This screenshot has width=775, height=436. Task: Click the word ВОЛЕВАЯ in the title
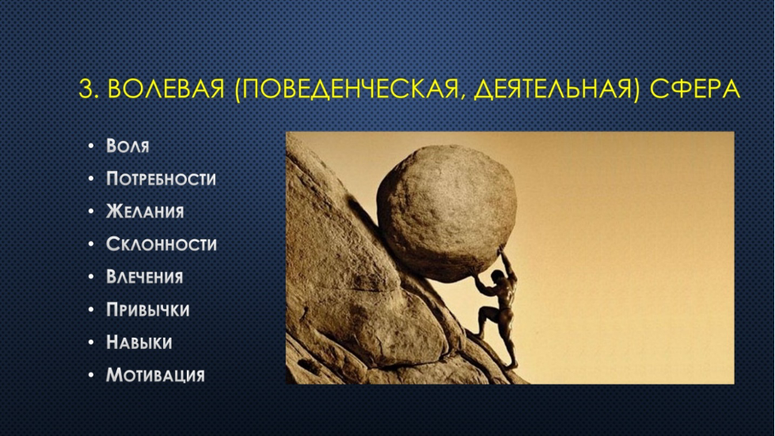tap(166, 90)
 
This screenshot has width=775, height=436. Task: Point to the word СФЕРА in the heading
tap(695, 90)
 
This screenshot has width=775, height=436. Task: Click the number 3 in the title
tap(85, 90)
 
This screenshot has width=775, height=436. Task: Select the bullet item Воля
tap(127, 146)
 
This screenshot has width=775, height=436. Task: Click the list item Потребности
tap(161, 178)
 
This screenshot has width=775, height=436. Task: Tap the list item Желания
tap(145, 212)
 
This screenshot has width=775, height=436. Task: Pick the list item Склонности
tap(161, 244)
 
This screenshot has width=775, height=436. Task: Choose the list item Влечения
tap(144, 277)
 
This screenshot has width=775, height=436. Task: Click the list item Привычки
tap(148, 309)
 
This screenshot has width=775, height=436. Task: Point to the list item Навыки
tap(139, 342)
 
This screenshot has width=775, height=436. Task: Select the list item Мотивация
tap(155, 375)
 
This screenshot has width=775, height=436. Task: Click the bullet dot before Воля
tap(90, 146)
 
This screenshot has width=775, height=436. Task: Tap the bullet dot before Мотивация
tap(90, 375)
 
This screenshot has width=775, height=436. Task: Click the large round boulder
tap(446, 212)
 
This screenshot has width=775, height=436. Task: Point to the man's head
tap(498, 276)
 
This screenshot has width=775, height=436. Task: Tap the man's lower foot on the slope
tap(511, 366)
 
